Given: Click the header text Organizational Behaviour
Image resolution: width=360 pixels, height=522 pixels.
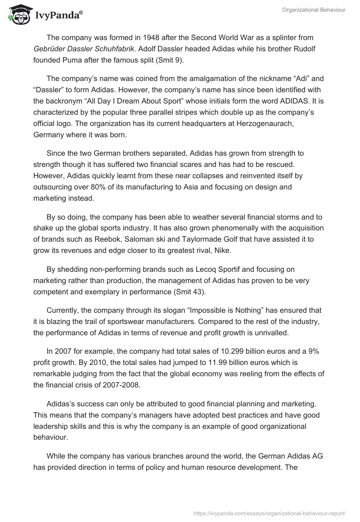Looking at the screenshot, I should (x=314, y=9).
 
